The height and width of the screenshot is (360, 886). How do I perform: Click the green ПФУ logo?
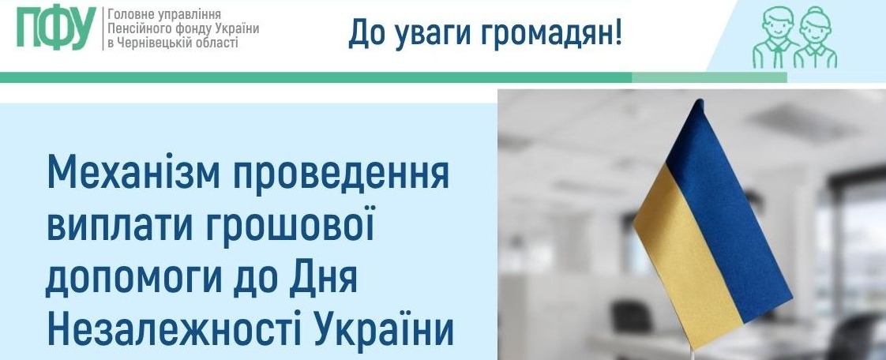[55, 28]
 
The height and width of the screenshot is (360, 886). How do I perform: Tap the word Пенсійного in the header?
[135, 29]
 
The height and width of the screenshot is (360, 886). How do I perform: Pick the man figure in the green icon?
[775, 38]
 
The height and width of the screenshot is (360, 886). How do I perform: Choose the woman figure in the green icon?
[816, 38]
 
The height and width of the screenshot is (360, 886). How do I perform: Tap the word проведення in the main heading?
[343, 175]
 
